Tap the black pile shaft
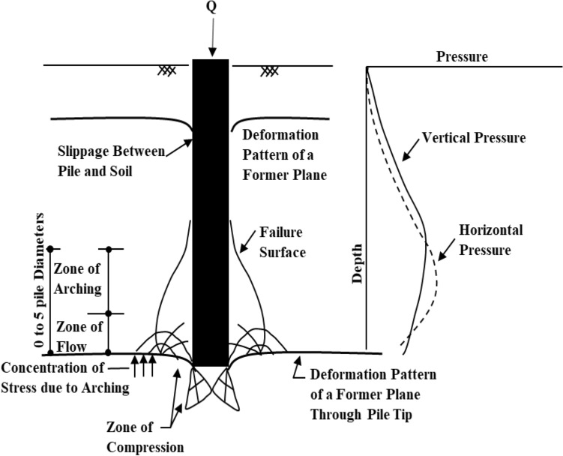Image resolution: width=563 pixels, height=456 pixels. point(211,210)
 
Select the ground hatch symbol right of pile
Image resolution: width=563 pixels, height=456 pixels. point(268,71)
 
